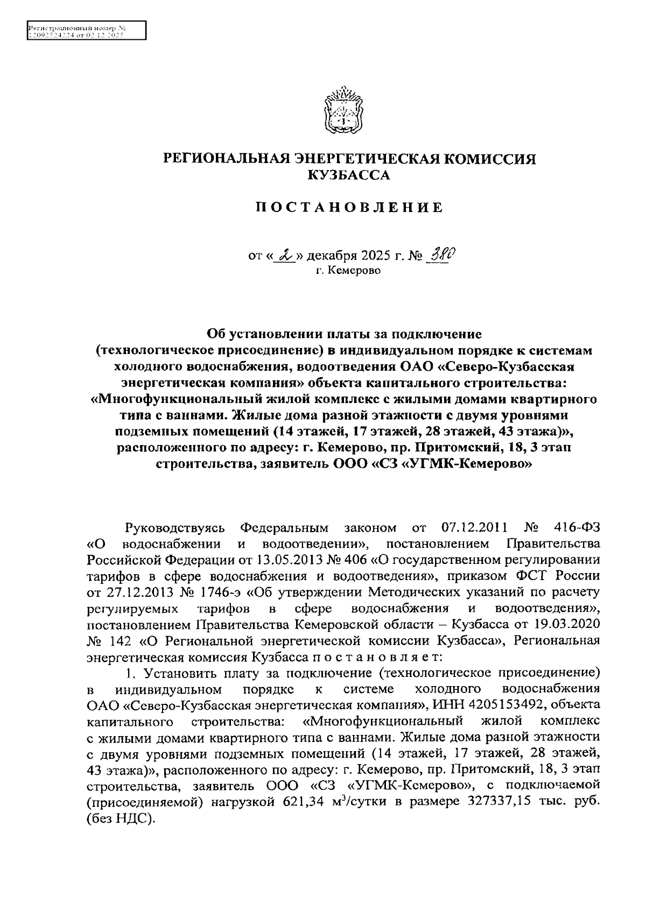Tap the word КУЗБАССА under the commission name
348,175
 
